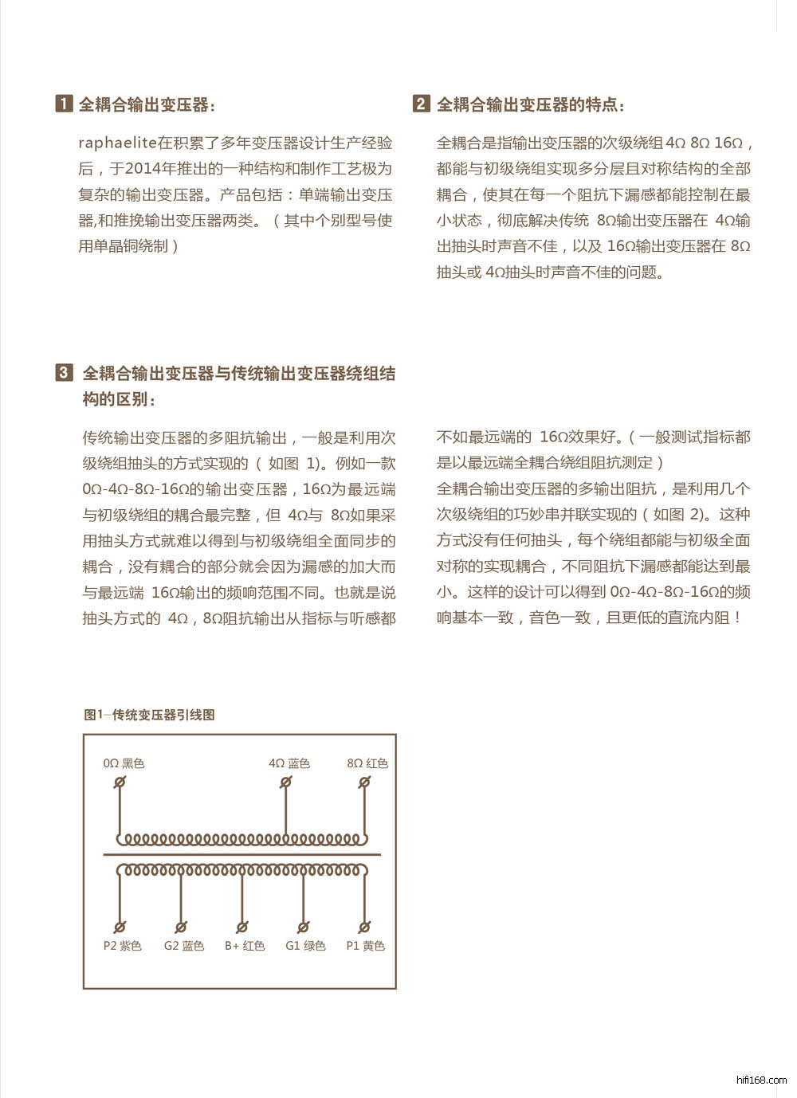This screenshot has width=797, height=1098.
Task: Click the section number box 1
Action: coord(64,104)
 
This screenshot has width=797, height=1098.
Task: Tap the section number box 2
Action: coord(421,104)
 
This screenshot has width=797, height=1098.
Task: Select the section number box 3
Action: coord(64,372)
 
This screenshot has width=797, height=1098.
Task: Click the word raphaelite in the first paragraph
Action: coord(116,143)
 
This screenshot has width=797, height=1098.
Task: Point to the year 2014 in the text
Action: coord(143,169)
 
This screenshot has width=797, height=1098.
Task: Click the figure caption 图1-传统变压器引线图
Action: coord(149,715)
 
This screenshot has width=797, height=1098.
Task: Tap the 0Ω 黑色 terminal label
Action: coord(124,763)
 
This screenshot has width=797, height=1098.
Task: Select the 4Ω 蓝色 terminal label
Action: coord(289,763)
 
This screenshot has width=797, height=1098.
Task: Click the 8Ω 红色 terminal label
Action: coord(367,763)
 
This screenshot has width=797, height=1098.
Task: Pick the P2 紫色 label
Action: coord(122,946)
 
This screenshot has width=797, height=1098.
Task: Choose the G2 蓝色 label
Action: coord(183,946)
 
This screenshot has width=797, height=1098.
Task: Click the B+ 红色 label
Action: coord(244,946)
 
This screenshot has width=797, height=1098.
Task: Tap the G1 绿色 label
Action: coord(305,946)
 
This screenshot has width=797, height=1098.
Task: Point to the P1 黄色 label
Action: coord(365,946)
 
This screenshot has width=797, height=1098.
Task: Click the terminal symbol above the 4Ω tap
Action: coord(285,782)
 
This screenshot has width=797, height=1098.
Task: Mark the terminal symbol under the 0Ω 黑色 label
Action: coord(120,782)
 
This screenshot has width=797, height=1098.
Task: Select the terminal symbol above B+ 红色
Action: coord(242,927)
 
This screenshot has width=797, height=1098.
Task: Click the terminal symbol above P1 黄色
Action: coord(364,927)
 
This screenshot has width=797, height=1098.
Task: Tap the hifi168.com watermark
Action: coord(762,1080)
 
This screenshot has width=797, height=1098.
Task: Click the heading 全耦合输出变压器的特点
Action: coord(530,104)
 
